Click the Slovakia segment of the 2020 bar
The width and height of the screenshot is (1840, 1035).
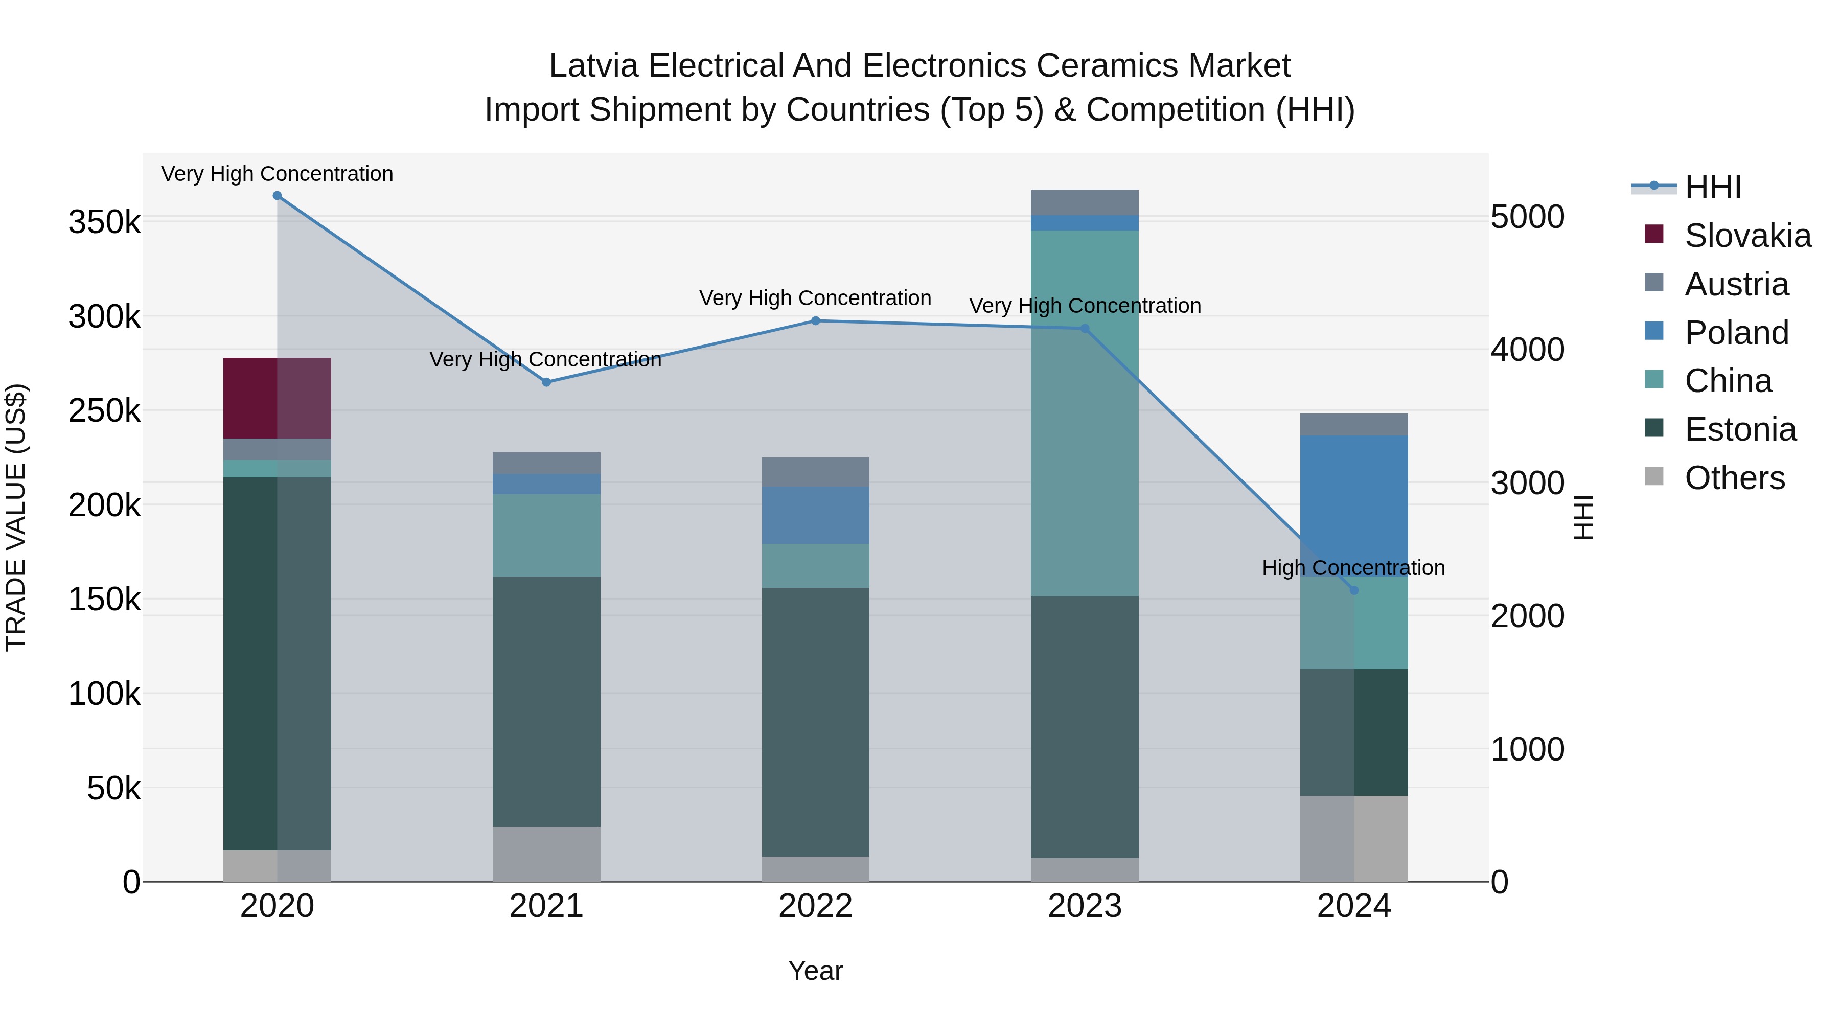click(277, 398)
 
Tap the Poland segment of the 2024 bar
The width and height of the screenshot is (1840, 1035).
click(1353, 500)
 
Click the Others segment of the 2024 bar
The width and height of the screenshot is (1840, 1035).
click(1353, 839)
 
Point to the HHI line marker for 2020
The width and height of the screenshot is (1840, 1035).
click(277, 196)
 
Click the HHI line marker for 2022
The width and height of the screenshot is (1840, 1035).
click(816, 320)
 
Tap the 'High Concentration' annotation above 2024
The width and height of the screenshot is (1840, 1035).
click(1353, 568)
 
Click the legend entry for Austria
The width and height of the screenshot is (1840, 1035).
click(1736, 284)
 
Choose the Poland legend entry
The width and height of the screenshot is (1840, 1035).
click(1736, 333)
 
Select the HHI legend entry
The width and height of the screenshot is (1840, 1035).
click(1712, 187)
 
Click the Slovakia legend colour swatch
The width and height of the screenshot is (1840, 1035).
click(1653, 234)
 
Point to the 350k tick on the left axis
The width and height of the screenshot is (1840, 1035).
click(104, 222)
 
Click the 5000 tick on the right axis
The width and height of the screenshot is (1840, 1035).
click(1527, 217)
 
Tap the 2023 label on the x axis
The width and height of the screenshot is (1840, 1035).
click(1084, 906)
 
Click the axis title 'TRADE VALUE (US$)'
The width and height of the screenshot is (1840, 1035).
click(16, 517)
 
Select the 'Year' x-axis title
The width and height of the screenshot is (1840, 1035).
click(815, 971)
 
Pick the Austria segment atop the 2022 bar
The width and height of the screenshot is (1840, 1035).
click(816, 472)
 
